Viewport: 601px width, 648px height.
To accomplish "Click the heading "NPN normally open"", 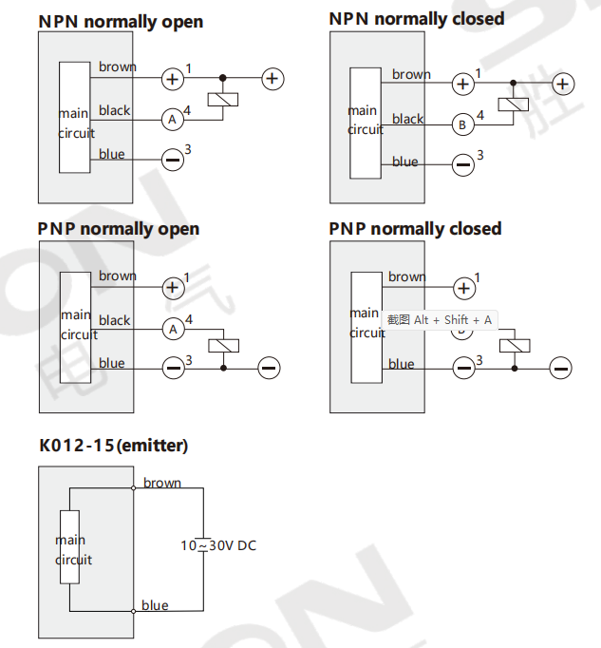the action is (x=121, y=22).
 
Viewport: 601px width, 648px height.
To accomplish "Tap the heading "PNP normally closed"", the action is (x=415, y=229).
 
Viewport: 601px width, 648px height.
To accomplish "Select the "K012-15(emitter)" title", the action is (x=114, y=446).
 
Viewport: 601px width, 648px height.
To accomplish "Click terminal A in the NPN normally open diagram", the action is (x=172, y=120).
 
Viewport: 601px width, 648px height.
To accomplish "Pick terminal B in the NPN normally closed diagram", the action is (x=462, y=124).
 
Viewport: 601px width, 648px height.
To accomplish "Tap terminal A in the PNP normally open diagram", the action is (x=173, y=330).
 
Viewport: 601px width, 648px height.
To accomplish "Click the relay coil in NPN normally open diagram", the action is (x=222, y=100).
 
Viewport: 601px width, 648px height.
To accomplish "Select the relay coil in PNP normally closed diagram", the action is (x=515, y=346).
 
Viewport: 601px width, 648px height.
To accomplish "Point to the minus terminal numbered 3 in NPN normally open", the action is (x=172, y=160).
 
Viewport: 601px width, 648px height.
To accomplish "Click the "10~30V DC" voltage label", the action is (x=218, y=545).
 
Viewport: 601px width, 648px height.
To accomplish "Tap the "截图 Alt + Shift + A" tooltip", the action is (x=439, y=320).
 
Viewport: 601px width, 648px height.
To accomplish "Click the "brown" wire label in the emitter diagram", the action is (x=162, y=483).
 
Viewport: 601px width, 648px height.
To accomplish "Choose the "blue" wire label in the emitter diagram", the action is (x=155, y=605).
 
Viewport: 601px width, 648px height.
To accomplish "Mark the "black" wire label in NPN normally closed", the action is (x=407, y=119).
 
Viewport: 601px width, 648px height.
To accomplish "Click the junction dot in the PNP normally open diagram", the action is (x=223, y=368).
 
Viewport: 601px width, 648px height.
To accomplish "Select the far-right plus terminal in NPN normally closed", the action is (x=563, y=84).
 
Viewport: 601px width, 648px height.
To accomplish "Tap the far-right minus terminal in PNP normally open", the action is (x=269, y=368).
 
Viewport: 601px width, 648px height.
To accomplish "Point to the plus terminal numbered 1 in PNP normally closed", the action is (x=464, y=288).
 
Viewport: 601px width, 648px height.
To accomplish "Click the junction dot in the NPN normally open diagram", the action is (x=222, y=78).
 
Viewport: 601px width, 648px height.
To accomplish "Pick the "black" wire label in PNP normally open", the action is (x=115, y=320).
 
